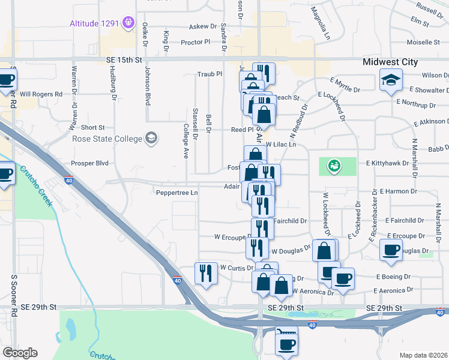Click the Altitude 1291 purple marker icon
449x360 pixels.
(127, 23)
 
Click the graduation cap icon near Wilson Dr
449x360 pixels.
(390, 80)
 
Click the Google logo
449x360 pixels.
(20, 353)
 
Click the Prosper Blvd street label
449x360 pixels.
(89, 163)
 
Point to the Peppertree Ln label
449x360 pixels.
(176, 193)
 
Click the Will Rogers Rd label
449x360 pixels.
(41, 94)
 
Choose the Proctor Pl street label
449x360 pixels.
(196, 42)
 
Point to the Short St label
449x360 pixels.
(92, 128)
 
